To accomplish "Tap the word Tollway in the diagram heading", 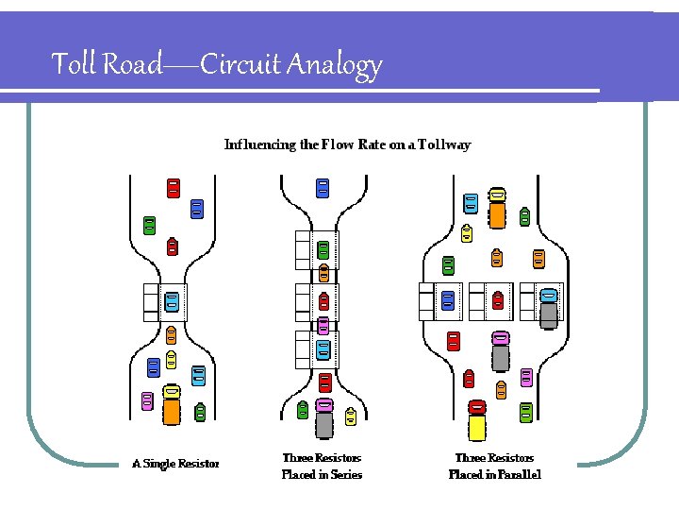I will pos(442,144).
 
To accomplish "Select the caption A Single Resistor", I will pos(175,464).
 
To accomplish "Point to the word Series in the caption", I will pos(344,475).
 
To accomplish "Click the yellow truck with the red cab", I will pos(477,420).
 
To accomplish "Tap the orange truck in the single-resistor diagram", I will pos(172,404).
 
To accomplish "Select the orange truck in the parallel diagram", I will pos(497,208).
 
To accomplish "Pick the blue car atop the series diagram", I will pos(323,188).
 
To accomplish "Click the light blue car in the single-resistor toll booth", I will pos(172,302).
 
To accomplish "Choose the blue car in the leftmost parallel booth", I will pos(448,300).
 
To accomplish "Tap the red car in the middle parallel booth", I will pos(498,300).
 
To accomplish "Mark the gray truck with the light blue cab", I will pos(549,308).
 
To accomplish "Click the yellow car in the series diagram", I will pos(351,416).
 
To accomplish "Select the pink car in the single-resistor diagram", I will pos(147,400).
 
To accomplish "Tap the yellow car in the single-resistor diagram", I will pos(172,359).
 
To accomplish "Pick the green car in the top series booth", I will pos(323,250).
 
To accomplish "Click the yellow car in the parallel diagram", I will pos(467,231).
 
